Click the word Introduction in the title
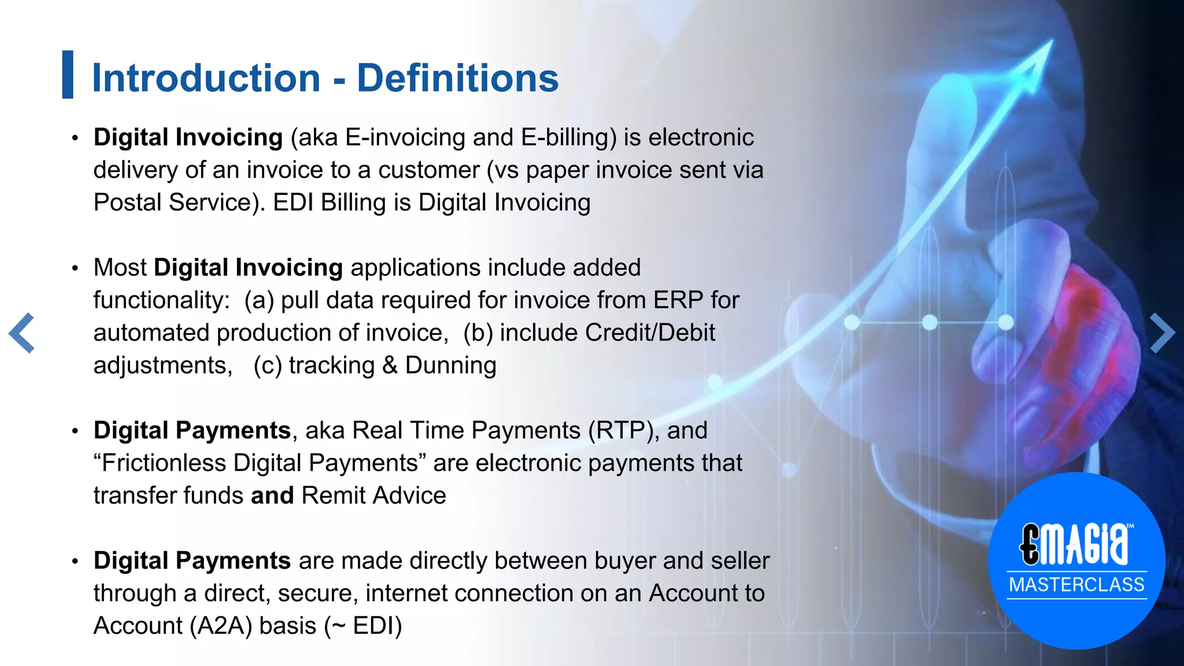tap(206, 77)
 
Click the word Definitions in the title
tap(457, 77)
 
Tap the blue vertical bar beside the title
tap(68, 75)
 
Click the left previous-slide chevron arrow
tap(23, 333)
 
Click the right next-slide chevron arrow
tap(1161, 333)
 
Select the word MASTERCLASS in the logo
tap(1076, 584)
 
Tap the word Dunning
tap(450, 365)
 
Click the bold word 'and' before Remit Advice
tap(272, 496)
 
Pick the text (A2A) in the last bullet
tap(221, 626)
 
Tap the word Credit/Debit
tap(650, 333)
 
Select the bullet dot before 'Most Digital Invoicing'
tap(75, 269)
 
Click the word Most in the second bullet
tap(120, 268)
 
